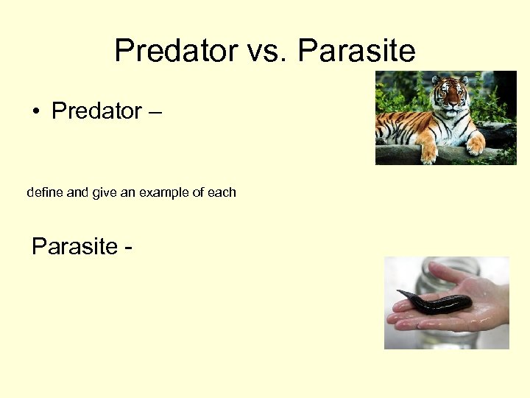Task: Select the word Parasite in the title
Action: point(357,51)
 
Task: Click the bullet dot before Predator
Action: point(35,112)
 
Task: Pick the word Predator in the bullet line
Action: point(96,111)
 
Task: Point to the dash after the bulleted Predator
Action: point(155,112)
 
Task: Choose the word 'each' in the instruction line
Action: point(222,192)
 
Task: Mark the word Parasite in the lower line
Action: point(75,246)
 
